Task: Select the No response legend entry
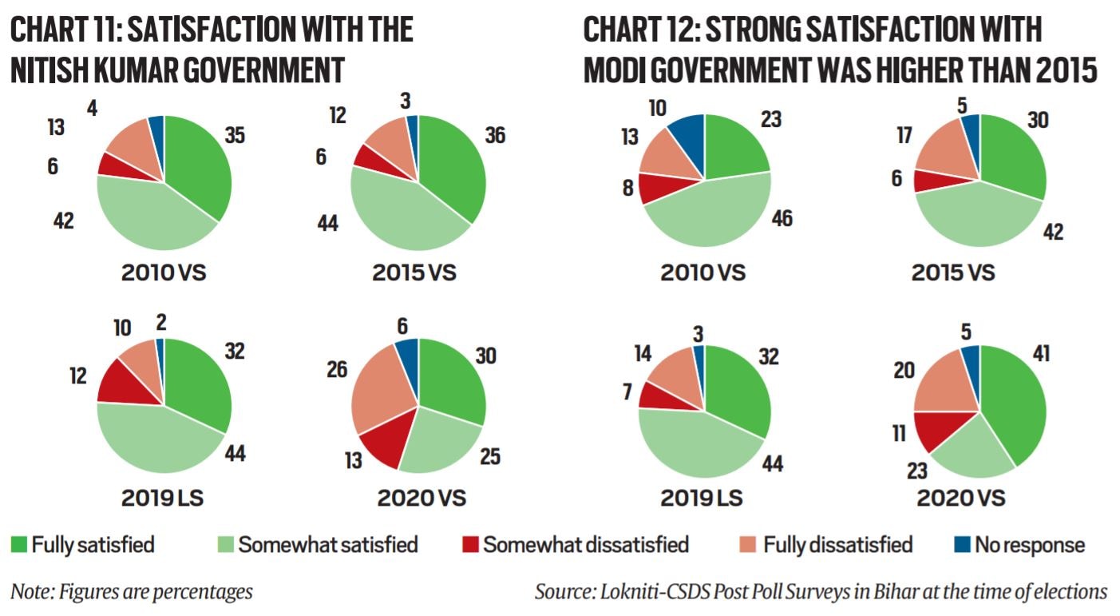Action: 1019,546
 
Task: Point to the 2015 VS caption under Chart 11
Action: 413,272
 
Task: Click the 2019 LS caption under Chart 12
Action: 702,499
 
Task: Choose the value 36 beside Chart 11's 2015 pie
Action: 494,136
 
